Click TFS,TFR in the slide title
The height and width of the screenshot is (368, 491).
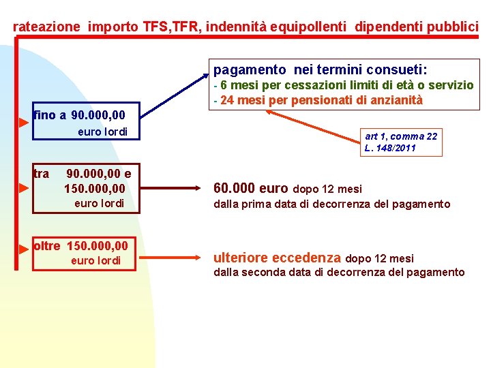[x=172, y=27]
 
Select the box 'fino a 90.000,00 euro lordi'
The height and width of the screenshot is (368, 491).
[x=85, y=122]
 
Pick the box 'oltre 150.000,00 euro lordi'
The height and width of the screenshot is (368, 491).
[x=85, y=252]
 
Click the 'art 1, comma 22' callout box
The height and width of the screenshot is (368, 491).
[x=401, y=142]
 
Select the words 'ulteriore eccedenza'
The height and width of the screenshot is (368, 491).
[x=277, y=258]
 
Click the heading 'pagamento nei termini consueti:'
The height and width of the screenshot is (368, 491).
[x=321, y=70]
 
